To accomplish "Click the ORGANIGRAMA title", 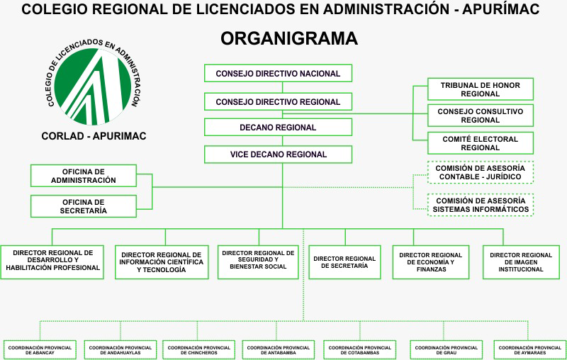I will (288, 38).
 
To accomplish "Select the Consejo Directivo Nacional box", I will (278, 74).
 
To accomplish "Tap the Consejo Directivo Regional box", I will (278, 101).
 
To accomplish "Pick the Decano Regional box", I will (278, 128).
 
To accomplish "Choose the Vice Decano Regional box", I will (278, 154).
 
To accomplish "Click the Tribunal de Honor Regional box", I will (480, 90).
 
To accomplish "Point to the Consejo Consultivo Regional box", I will (480, 116).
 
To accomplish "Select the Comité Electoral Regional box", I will (480, 143).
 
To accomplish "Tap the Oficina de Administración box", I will (83, 176).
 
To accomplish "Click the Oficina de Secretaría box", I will (83, 206).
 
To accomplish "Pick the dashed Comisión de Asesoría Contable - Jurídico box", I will (480, 172).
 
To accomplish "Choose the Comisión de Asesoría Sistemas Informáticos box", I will (480, 205).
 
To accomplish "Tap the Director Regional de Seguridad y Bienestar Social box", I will (257, 261).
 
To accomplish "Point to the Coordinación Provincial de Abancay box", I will (40, 350).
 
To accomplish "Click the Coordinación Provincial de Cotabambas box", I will (359, 350).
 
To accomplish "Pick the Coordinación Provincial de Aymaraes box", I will (529, 350).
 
